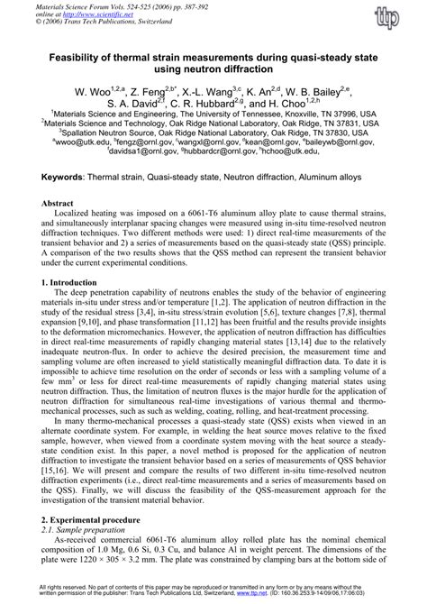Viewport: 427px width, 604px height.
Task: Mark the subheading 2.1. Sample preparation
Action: point(87,532)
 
